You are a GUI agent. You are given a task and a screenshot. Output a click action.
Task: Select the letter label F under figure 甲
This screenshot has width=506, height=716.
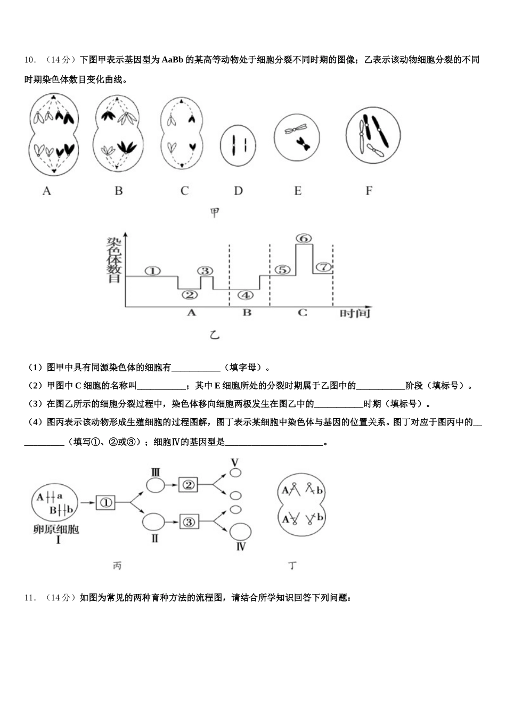(369, 190)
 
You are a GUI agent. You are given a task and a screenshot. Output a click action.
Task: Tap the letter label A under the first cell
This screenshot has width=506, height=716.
(47, 190)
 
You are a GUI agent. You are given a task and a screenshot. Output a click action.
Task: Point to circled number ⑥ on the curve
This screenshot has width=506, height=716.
(303, 239)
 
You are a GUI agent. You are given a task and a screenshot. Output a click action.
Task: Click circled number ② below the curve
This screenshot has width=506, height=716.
(189, 295)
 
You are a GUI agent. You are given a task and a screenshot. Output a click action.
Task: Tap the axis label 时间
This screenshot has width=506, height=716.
(355, 313)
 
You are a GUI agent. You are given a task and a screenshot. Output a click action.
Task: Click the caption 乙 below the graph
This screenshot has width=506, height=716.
(215, 335)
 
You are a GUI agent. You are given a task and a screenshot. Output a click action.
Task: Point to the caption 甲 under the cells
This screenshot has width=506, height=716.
(215, 213)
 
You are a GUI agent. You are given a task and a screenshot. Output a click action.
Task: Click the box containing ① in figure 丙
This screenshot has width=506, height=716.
(106, 502)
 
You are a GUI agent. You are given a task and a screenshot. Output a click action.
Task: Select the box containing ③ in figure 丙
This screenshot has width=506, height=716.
(188, 522)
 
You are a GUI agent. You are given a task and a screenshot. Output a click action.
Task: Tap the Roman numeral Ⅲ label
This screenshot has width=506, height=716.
(156, 471)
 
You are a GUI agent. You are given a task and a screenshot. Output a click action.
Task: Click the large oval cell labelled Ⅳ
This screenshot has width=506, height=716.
(241, 531)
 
